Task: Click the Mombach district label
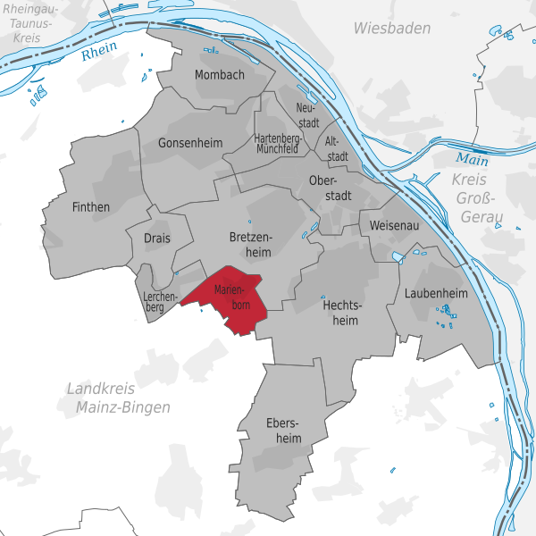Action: click(x=219, y=75)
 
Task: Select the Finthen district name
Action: click(x=90, y=207)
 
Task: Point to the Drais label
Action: click(x=163, y=238)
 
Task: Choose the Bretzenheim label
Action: click(x=249, y=245)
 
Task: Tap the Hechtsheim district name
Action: click(x=340, y=312)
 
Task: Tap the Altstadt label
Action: click(x=336, y=148)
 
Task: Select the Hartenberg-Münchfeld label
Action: click(x=277, y=144)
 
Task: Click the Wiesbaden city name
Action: click(x=391, y=29)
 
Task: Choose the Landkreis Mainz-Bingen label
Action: click(x=118, y=398)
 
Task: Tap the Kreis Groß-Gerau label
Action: click(x=479, y=198)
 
